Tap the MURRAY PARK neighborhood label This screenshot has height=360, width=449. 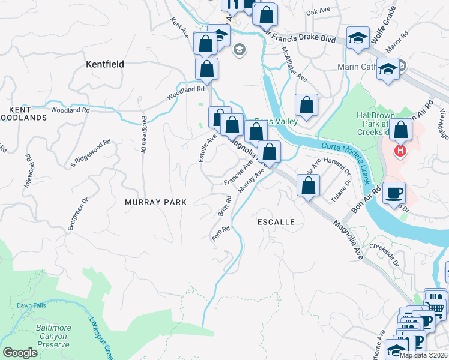(x=156, y=203)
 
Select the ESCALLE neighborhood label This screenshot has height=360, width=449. (x=276, y=222)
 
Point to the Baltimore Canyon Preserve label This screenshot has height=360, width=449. (x=47, y=336)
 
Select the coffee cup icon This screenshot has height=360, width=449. (x=394, y=193)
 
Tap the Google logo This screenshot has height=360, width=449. (x=20, y=353)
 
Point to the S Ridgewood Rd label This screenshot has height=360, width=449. (x=91, y=154)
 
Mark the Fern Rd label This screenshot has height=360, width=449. (x=221, y=234)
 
